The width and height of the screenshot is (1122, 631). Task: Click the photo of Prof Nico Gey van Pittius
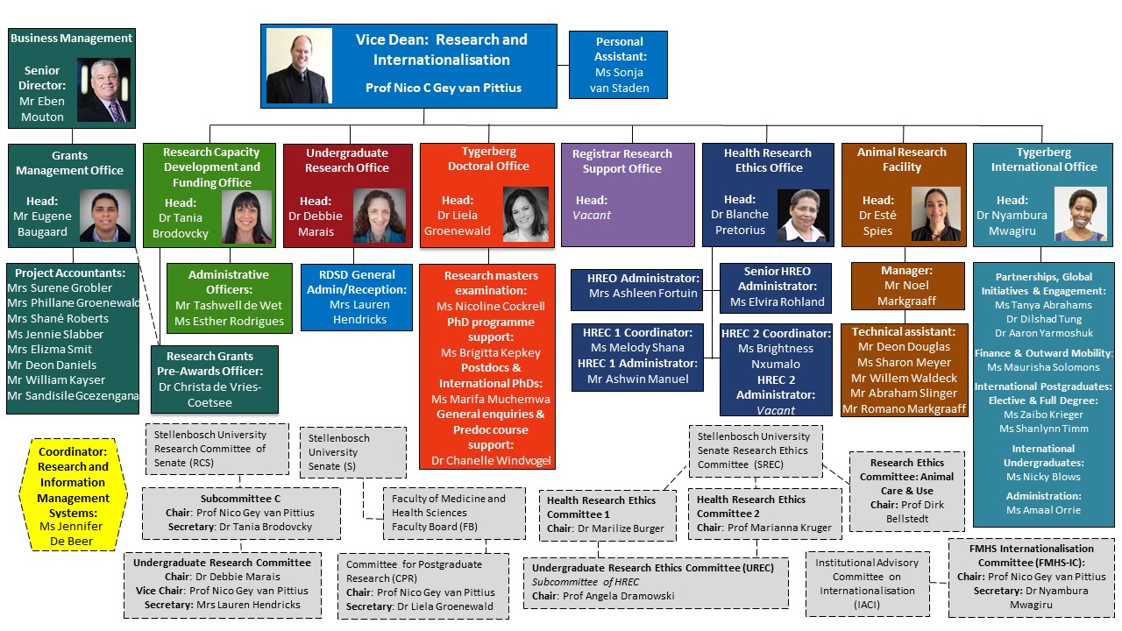299,66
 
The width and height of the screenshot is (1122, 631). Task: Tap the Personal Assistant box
618,65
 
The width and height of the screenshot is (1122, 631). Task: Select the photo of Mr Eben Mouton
103,89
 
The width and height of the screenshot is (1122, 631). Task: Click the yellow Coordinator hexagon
73,495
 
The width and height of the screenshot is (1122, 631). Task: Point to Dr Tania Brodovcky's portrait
246,216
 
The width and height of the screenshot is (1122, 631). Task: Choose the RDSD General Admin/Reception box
357,297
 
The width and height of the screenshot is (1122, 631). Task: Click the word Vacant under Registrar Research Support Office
592,216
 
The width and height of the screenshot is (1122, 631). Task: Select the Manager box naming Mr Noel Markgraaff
907,286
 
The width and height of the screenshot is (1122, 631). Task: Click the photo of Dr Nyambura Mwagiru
1081,214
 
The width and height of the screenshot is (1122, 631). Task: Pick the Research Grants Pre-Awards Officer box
215,379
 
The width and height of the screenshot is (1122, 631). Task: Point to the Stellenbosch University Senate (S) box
353,452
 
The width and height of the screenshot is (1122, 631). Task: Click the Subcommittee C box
241,514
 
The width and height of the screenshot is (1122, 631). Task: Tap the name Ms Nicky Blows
1043,477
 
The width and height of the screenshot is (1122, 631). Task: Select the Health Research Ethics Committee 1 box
607,515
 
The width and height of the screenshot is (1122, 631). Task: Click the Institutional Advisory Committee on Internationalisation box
868,584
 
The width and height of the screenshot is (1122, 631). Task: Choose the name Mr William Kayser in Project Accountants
56,380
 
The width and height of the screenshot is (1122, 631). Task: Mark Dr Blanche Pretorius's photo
803,216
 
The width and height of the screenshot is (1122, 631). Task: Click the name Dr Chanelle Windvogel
491,461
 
